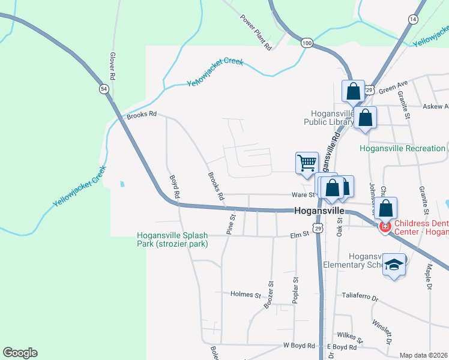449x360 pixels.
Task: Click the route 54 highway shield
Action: click(x=104, y=89)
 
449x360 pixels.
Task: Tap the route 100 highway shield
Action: click(x=307, y=43)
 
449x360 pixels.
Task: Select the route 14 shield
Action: click(x=412, y=20)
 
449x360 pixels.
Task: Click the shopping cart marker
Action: click(x=307, y=162)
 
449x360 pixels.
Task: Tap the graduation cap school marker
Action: click(x=394, y=264)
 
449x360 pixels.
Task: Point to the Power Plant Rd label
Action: click(x=256, y=32)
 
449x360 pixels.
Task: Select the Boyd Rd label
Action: click(x=175, y=187)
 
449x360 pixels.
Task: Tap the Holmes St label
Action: click(x=246, y=295)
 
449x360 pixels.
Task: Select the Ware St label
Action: click(x=303, y=195)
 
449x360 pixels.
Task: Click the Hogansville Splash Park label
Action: click(x=172, y=239)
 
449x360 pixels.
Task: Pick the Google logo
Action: click(x=20, y=353)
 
